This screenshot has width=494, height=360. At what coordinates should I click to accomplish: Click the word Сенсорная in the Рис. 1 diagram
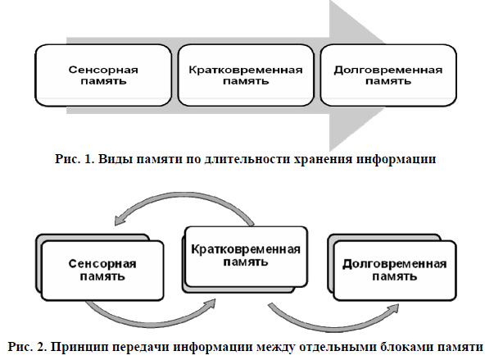coord(103,70)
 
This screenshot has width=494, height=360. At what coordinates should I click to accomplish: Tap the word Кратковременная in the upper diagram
coord(246,70)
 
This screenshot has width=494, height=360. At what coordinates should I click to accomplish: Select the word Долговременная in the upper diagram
coord(388,70)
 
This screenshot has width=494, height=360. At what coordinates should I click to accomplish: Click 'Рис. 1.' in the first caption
coord(75,158)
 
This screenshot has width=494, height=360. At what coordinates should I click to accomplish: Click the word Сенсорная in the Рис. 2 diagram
coord(102,264)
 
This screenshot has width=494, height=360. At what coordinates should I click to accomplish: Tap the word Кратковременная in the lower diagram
coord(246,249)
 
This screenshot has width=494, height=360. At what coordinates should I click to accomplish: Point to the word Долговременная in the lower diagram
coord(394,264)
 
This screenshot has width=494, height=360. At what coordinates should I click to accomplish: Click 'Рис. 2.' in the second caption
coord(28,347)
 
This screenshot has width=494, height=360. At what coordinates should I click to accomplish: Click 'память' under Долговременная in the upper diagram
coord(388,81)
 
